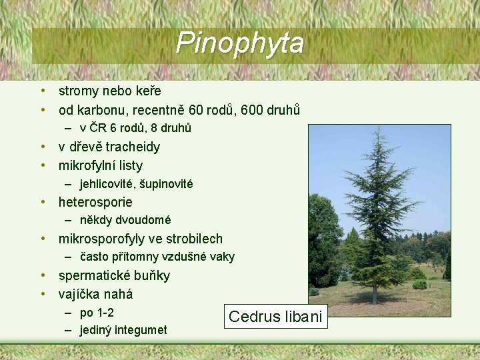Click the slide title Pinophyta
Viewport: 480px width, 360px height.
tap(240, 43)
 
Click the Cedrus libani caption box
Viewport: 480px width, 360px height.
tap(275, 317)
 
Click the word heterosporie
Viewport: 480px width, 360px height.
tap(95, 202)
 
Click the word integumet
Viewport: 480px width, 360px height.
tap(141, 330)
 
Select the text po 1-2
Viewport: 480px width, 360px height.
tap(97, 313)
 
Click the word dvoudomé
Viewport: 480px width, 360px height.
tap(143, 220)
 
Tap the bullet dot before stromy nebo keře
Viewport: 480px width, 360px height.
tap(42, 91)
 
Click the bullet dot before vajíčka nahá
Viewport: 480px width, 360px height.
tap(42, 294)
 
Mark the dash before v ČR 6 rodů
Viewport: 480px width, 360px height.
tap(69, 128)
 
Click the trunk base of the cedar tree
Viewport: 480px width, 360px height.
tap(375, 301)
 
